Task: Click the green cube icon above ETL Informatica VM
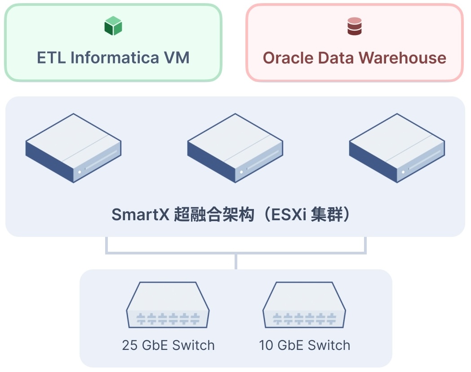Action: tap(113, 26)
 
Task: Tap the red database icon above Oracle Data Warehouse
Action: tap(354, 26)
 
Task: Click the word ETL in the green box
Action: tap(52, 58)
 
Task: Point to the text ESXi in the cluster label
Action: tap(286, 214)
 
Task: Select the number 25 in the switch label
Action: tap(130, 345)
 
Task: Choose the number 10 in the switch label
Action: tap(266, 345)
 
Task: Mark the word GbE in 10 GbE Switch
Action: tap(290, 345)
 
